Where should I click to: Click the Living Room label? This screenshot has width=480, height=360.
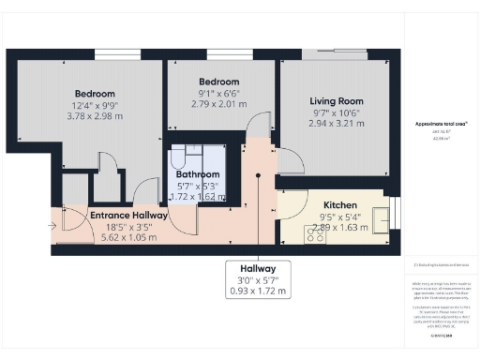click(x=337, y=101)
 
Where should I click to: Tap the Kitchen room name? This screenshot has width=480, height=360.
click(x=339, y=205)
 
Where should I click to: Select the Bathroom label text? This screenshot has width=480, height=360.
click(x=197, y=173)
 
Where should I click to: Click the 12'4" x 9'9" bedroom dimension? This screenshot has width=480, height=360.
click(x=95, y=106)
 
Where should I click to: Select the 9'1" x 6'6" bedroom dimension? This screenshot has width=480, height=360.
click(x=217, y=93)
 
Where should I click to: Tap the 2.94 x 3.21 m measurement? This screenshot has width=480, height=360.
click(x=337, y=124)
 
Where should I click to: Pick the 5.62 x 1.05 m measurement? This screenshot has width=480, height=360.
click(x=128, y=238)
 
